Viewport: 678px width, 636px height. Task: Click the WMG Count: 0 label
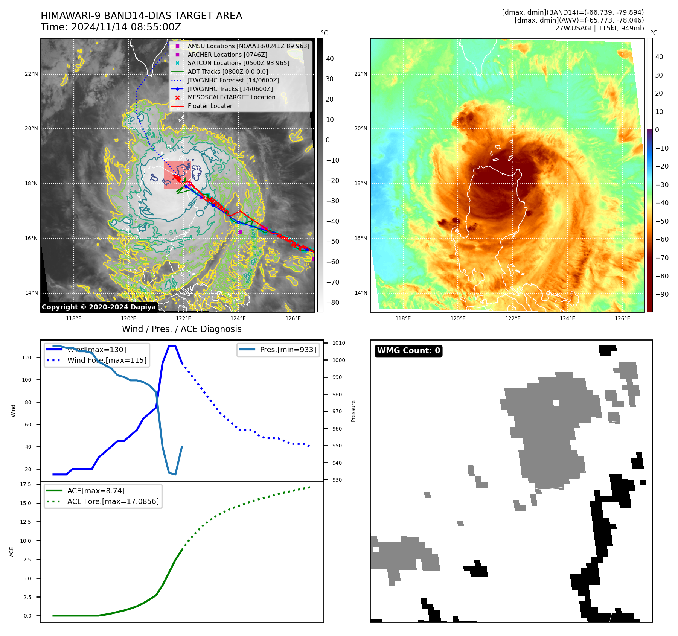pyautogui.click(x=408, y=351)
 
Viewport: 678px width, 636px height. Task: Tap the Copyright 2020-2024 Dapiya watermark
pyautogui.click(x=99, y=307)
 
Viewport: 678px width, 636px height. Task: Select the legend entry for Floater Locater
pyautogui.click(x=210, y=106)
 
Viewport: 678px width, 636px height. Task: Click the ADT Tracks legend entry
pyautogui.click(x=227, y=72)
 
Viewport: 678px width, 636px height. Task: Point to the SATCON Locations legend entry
pyautogui.click(x=238, y=63)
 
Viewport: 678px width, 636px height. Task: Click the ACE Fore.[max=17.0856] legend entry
pyautogui.click(x=113, y=502)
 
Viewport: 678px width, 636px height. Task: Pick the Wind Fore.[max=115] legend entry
pyautogui.click(x=107, y=361)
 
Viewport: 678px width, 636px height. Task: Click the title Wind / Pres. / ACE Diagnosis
pyautogui.click(x=181, y=329)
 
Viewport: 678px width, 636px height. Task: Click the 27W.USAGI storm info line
pyautogui.click(x=599, y=28)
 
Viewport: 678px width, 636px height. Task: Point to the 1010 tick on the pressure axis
pyautogui.click(x=338, y=343)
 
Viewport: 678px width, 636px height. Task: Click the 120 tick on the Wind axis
pyautogui.click(x=27, y=358)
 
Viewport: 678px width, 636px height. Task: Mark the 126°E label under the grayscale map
pyautogui.click(x=293, y=319)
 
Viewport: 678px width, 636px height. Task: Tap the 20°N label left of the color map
pyautogui.click(x=361, y=129)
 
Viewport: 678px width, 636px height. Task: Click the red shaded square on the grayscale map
pyautogui.click(x=177, y=175)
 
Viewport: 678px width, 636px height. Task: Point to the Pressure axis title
pyautogui.click(x=353, y=411)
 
